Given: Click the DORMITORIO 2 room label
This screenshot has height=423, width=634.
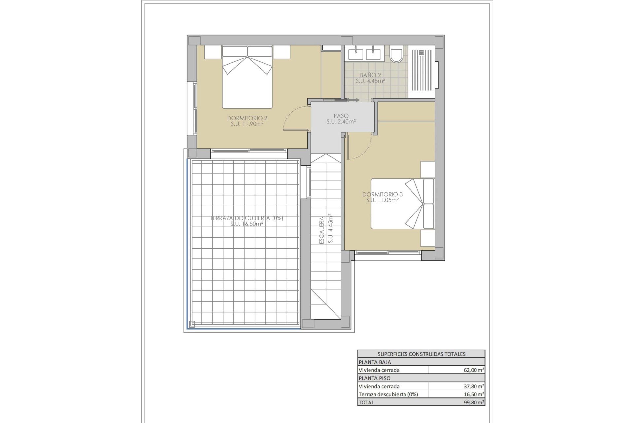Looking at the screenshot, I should (247, 118).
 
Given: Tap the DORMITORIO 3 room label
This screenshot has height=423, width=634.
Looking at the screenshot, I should (382, 194).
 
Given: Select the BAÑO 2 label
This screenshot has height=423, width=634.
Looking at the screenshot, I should (370, 75).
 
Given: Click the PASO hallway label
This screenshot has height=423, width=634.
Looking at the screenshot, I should (341, 116).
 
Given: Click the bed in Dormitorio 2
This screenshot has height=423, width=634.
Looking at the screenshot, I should (247, 79).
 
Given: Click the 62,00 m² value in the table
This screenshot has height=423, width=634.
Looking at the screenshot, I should (474, 370).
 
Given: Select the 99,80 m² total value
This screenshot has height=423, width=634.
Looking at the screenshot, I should (474, 402).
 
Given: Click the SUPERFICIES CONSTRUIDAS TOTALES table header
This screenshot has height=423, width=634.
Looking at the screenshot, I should (421, 354).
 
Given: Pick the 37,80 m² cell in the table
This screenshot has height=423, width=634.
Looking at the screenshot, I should (474, 386).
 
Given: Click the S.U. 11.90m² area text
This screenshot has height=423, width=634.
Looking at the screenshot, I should (247, 124).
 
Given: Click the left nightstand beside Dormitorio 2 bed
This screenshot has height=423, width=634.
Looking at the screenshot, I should (212, 52).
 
